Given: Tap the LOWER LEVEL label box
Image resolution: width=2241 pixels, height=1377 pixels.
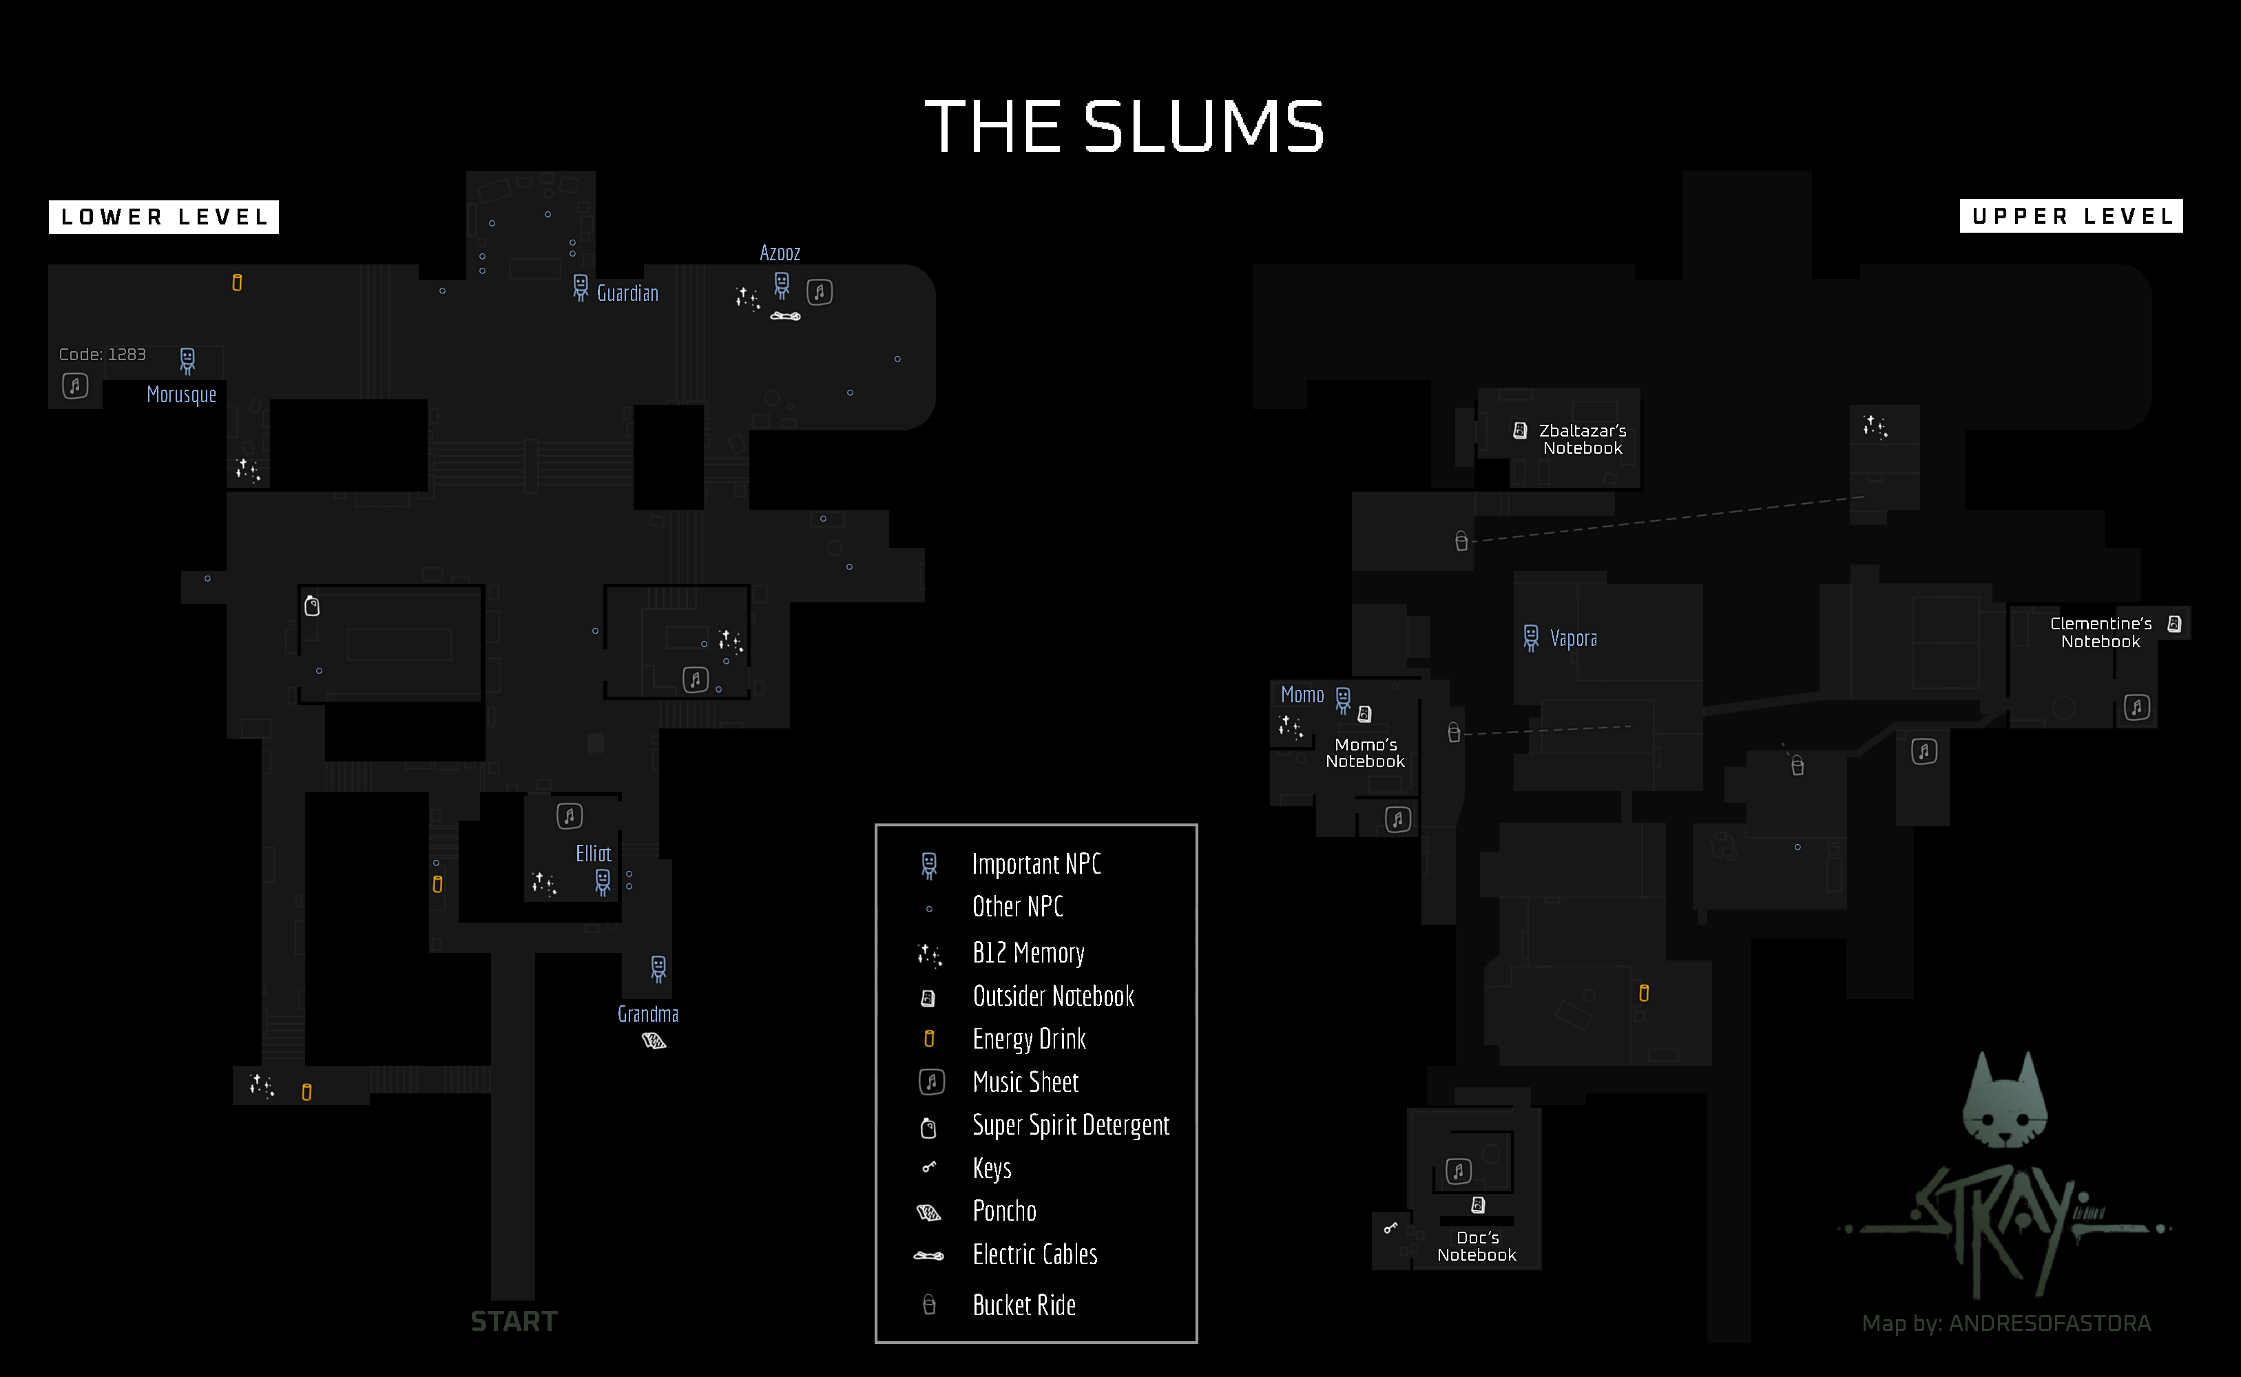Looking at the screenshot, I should [164, 217].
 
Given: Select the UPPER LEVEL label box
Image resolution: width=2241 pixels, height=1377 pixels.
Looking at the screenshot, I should [2071, 216].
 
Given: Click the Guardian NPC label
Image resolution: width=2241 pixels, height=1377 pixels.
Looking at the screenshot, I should [627, 293].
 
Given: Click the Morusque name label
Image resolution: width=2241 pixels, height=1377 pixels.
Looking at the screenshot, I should [181, 395].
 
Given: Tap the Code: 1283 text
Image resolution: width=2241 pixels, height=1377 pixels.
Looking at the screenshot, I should [102, 355].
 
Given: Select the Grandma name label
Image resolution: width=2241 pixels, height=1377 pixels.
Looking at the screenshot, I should [647, 1013].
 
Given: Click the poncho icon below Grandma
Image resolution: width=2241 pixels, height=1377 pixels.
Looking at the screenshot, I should [654, 1040].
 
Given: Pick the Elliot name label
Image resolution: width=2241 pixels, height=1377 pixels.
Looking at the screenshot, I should [593, 853].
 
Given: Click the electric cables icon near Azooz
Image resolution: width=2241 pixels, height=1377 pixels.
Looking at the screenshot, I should [785, 316].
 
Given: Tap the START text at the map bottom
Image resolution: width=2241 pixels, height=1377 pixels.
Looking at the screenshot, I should [514, 1321].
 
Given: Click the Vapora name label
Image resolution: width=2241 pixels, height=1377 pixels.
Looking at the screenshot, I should [1573, 638].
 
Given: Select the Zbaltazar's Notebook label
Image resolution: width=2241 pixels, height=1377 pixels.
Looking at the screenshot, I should [1583, 439].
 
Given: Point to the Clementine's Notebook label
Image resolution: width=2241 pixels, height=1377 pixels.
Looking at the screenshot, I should [2101, 632].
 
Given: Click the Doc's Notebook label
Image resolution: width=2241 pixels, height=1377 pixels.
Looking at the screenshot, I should [1477, 1246].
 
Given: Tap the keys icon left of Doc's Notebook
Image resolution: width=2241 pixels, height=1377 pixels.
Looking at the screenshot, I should [1390, 1228].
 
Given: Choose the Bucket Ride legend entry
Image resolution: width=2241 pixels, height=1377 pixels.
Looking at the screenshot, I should [1024, 1305].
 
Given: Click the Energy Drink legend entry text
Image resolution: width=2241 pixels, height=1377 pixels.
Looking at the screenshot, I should [1030, 1039].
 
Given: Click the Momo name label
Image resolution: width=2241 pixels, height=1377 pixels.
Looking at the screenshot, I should [1302, 695].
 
